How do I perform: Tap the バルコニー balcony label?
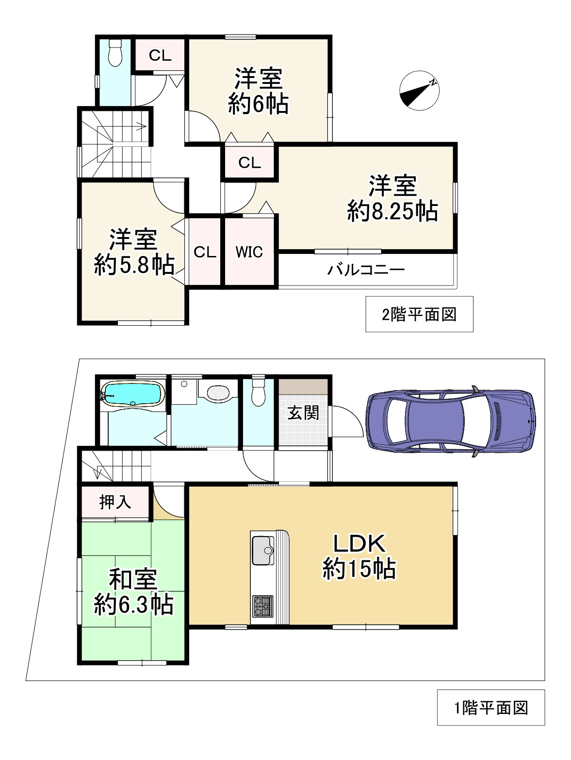coord(366,269)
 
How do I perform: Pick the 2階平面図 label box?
coord(419,314)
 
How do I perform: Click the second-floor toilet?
coord(114,53)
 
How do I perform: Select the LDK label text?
coord(359,544)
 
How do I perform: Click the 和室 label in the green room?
coord(133,579)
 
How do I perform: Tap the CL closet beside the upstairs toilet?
coord(160,55)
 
